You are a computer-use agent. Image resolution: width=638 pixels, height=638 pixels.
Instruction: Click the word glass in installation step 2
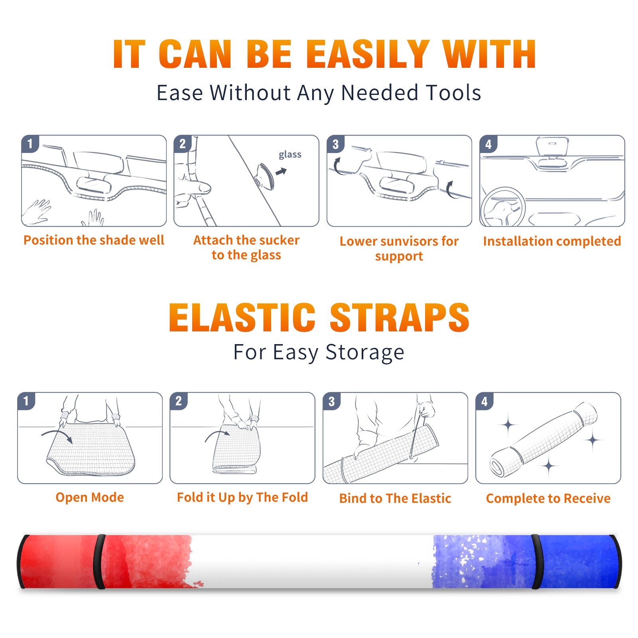[x=290, y=155]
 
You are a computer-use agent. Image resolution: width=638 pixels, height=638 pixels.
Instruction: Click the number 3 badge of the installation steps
[x=335, y=144]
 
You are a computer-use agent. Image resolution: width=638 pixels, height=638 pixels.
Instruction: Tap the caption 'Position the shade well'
[x=94, y=240]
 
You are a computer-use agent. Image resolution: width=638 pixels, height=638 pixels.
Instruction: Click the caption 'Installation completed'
[x=552, y=241]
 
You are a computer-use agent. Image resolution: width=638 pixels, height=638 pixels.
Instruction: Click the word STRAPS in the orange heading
[x=400, y=317]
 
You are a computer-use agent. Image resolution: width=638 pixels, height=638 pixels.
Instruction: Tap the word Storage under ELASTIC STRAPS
[x=365, y=353]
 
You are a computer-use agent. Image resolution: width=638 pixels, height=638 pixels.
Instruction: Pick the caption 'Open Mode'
[x=90, y=497]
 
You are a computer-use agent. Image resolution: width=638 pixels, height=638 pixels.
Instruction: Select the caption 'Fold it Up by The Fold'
[x=242, y=498]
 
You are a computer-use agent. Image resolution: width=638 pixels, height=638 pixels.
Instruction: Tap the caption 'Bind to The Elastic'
[x=395, y=498]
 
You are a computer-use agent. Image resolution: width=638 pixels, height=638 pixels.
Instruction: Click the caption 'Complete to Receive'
[x=548, y=498]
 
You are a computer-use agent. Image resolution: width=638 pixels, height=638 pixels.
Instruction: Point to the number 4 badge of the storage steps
[x=484, y=401]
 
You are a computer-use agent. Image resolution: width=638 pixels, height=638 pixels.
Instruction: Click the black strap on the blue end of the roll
[x=537, y=561]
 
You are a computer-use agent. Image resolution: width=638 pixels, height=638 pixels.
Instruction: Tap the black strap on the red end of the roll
[x=99, y=561]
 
